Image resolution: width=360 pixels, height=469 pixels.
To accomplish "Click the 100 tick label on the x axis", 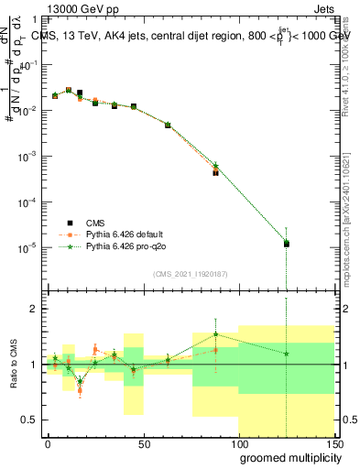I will [238, 444].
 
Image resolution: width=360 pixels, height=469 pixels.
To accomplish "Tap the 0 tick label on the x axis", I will [48, 444].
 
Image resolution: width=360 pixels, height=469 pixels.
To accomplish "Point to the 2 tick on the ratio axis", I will [36, 309].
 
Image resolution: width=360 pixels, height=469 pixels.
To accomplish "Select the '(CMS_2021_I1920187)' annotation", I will [190, 272].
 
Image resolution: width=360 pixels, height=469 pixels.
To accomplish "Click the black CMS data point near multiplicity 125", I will [286, 244].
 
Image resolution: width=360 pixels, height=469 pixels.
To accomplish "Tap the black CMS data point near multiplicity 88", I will [215, 171].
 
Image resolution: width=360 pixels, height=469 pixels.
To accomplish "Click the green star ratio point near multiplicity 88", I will [215, 334].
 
